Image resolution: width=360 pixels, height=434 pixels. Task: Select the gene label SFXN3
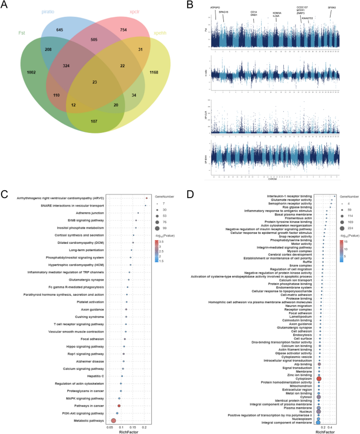click(332, 8)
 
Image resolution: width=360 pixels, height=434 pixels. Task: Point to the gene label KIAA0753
click(307, 18)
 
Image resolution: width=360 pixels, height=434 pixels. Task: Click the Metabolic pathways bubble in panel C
click(114, 421)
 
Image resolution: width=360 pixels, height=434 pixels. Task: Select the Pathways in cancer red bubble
click(119, 406)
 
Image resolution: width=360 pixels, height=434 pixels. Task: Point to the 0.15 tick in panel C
click(133, 428)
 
